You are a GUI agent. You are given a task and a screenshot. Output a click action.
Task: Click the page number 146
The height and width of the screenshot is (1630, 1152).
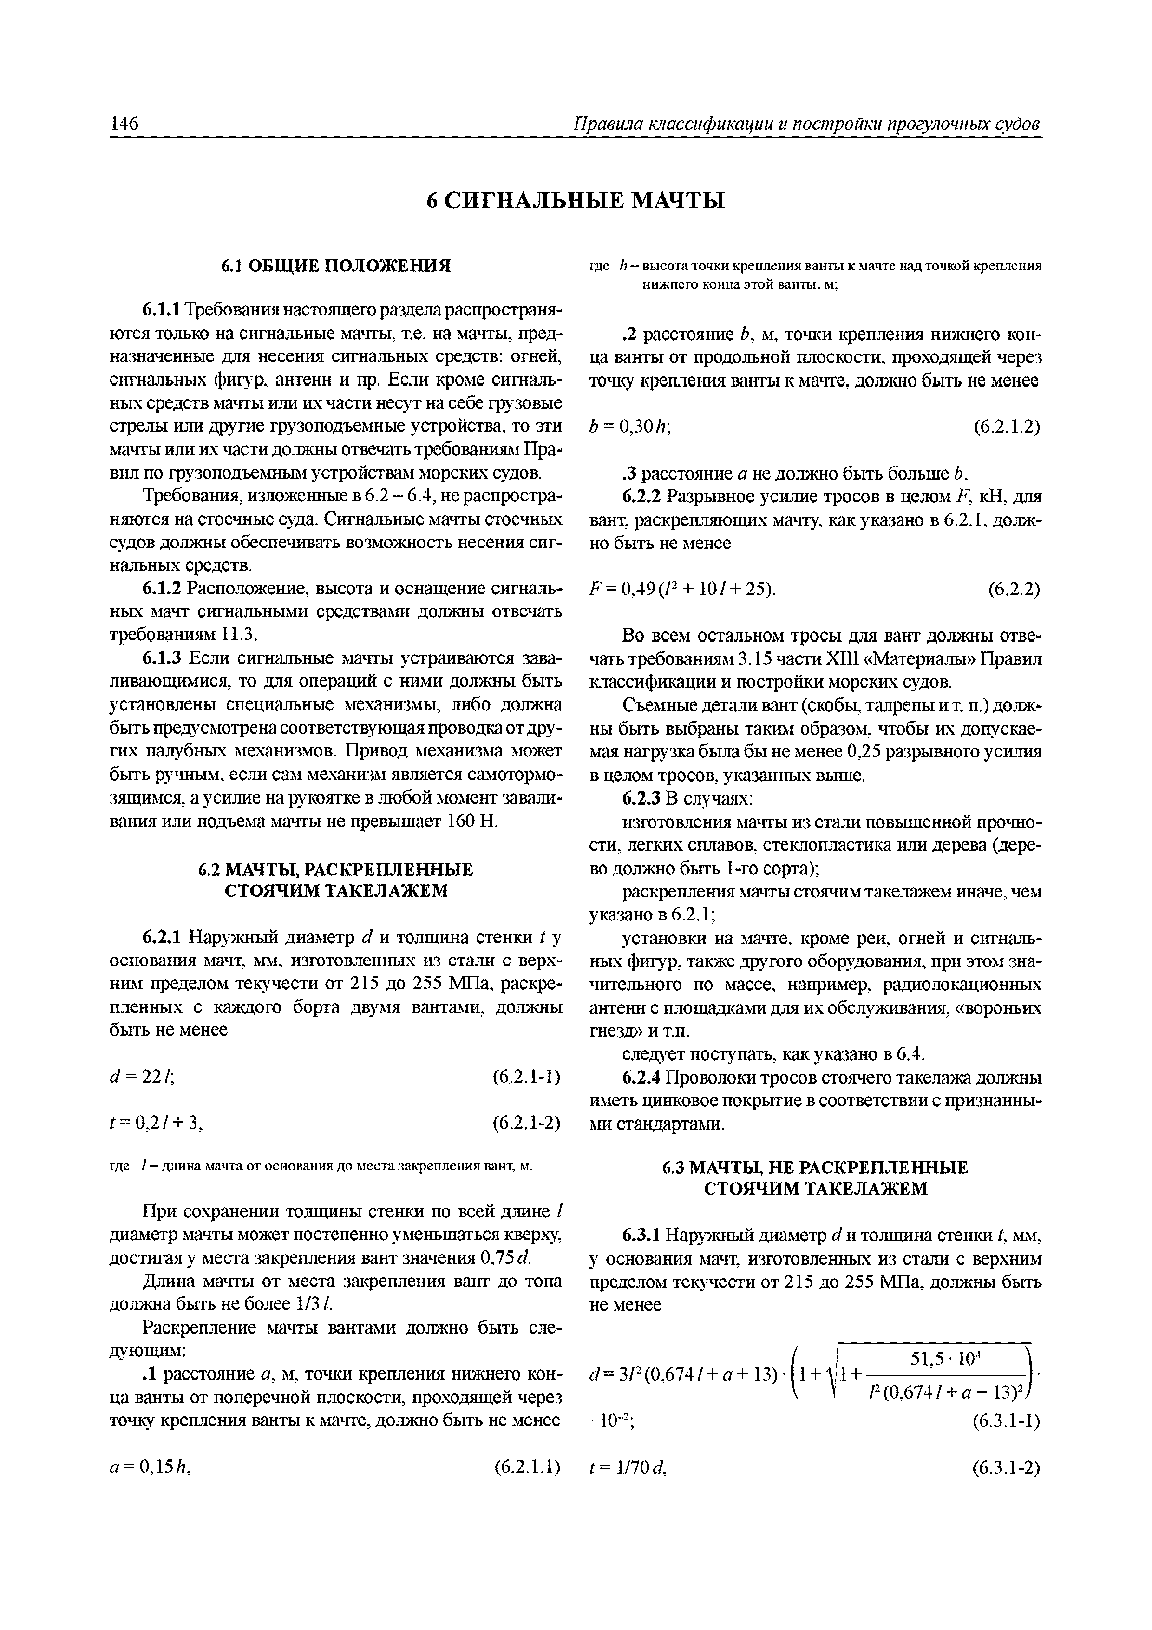pyautogui.click(x=125, y=124)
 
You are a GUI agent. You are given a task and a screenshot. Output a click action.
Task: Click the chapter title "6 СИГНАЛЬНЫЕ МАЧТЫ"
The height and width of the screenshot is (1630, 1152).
pyautogui.click(x=576, y=201)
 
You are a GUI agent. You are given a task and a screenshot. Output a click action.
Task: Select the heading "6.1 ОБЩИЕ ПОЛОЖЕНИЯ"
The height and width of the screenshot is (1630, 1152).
pyautogui.click(x=336, y=266)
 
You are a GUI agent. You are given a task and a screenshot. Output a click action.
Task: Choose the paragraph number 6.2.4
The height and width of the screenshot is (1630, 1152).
pyautogui.click(x=642, y=1078)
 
